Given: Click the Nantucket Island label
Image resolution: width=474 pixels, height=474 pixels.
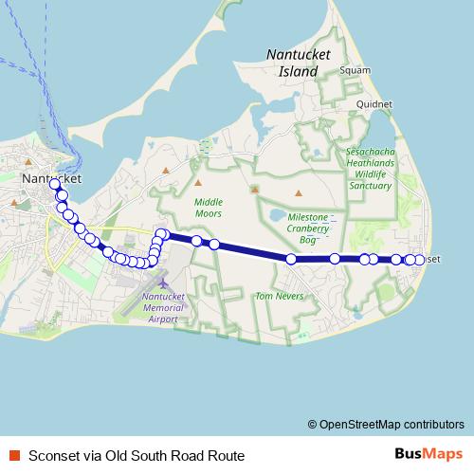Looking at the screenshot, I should pyautogui.click(x=298, y=63).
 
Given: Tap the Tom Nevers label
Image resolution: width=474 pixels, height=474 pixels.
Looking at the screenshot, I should pyautogui.click(x=277, y=297).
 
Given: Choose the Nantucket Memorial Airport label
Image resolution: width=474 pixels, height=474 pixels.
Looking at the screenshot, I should pyautogui.click(x=162, y=307).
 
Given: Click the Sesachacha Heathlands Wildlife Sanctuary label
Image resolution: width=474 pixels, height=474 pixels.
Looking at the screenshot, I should pyautogui.click(x=369, y=168).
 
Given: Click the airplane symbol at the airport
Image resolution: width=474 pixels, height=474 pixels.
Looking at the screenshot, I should pyautogui.click(x=163, y=283).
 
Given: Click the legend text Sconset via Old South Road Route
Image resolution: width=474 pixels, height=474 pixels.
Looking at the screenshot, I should pyautogui.click(x=137, y=456).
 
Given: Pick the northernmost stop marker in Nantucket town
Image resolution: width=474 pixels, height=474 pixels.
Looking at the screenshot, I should pyautogui.click(x=55, y=184).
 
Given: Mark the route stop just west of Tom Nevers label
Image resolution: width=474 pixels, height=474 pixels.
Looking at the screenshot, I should pyautogui.click(x=291, y=258).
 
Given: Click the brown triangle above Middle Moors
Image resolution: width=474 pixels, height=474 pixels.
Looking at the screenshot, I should pyautogui.click(x=200, y=181).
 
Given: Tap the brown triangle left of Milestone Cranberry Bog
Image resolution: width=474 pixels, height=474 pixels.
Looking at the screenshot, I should pyautogui.click(x=254, y=189).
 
